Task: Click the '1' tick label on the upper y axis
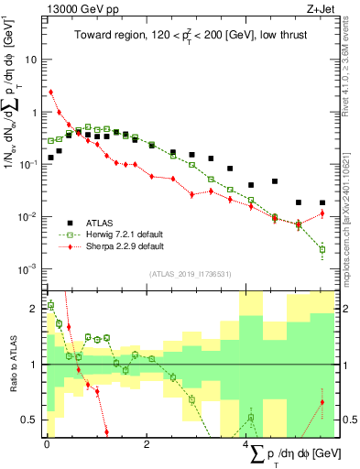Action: pyautogui.click(x=34, y=112)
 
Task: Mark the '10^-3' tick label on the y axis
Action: pyautogui.click(x=29, y=269)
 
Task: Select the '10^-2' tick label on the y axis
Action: pyautogui.click(x=29, y=217)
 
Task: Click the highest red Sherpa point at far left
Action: pyautogui.click(x=50, y=92)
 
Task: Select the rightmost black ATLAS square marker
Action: pyautogui.click(x=322, y=202)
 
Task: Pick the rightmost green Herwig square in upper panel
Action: pyautogui.click(x=322, y=249)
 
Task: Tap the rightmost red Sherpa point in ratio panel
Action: pyautogui.click(x=322, y=402)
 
